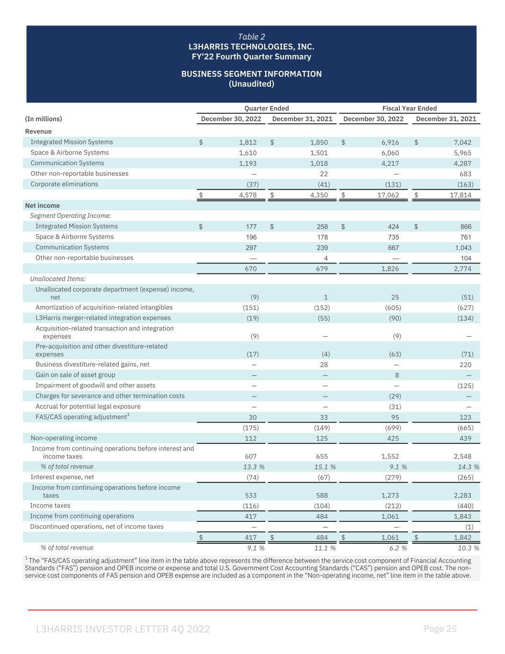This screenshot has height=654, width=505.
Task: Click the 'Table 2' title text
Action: (x=251, y=37)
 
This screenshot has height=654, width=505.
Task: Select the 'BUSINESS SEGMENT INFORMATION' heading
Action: (x=251, y=74)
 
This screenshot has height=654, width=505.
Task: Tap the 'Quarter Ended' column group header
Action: (x=267, y=108)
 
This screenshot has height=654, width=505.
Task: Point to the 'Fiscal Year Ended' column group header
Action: (x=409, y=108)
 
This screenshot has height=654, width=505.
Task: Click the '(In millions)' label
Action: (x=44, y=119)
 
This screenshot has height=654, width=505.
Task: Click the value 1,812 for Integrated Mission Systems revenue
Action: (x=248, y=142)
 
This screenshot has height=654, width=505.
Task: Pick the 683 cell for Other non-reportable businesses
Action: (x=465, y=174)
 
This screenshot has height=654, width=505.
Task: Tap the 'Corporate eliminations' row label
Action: (x=64, y=184)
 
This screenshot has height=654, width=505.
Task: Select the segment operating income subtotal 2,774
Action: (x=462, y=269)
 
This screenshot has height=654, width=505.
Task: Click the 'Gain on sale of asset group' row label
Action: (x=75, y=375)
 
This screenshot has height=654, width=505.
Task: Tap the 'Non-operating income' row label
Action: (x=64, y=438)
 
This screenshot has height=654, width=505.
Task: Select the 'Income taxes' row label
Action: (x=50, y=505)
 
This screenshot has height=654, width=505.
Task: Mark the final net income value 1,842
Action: (x=462, y=538)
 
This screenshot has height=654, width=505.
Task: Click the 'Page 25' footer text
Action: (x=440, y=629)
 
